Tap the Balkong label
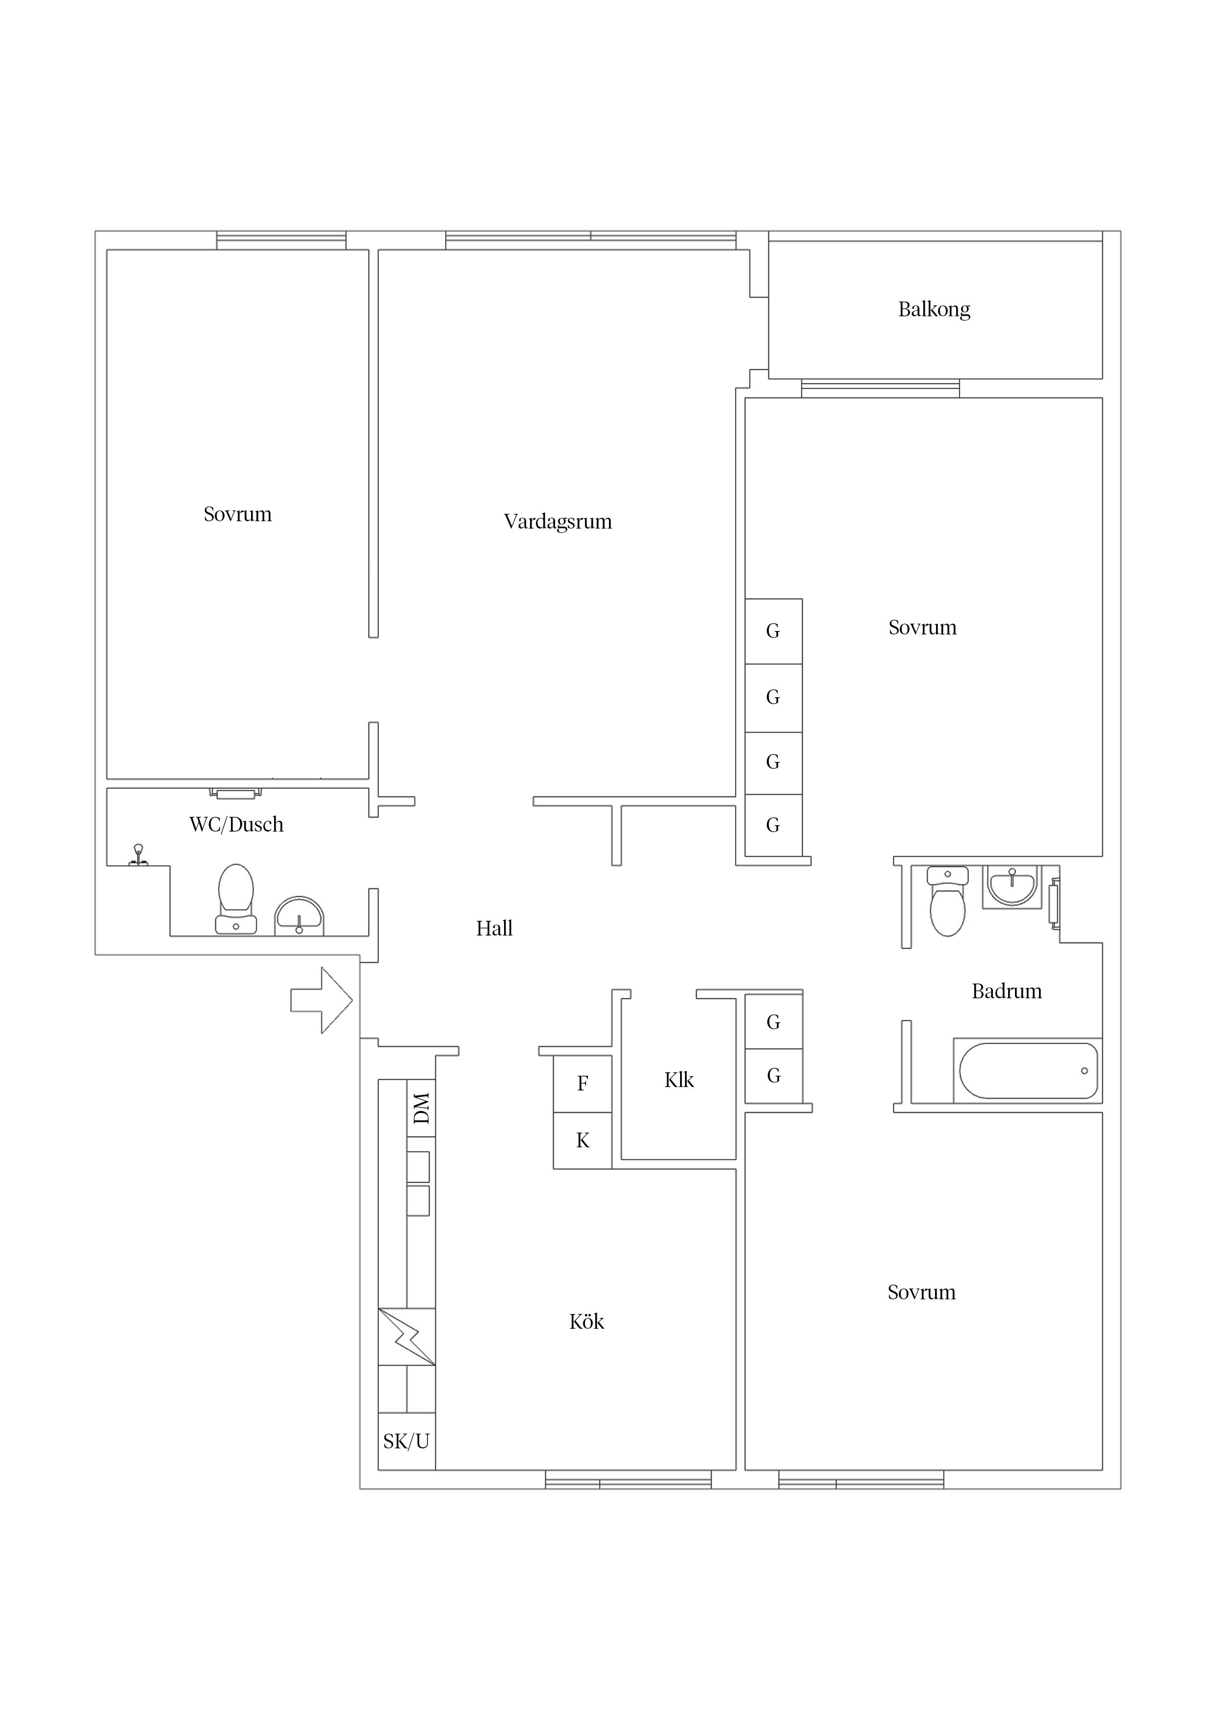tap(934, 309)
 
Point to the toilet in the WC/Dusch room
tap(235, 899)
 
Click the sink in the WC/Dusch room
tap(299, 915)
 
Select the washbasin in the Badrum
tap(1012, 885)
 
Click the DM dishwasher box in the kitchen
tap(421, 1108)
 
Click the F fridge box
tap(582, 1083)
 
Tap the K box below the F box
tap(582, 1140)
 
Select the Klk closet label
tap(679, 1080)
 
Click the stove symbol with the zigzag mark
tap(406, 1337)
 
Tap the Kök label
tap(586, 1321)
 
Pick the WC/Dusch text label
tap(236, 825)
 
